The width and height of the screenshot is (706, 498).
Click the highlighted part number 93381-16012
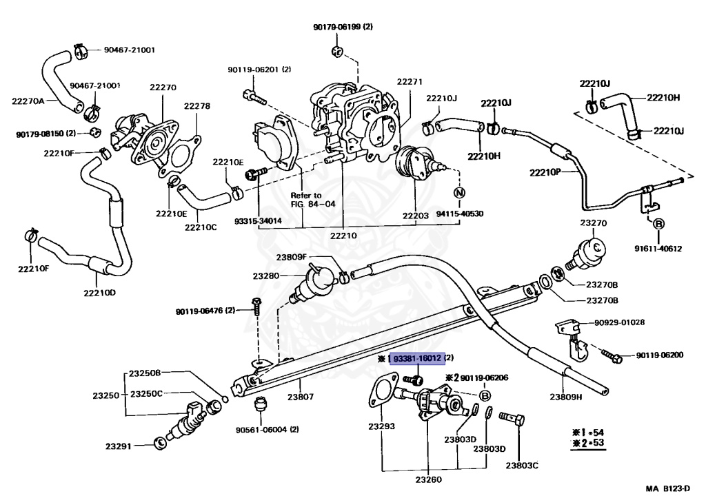[x=417, y=358]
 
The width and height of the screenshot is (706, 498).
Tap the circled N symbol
[x=459, y=193]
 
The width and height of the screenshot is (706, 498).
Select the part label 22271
[x=410, y=81]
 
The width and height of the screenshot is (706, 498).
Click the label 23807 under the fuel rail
[x=301, y=396]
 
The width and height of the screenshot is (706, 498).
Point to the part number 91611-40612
[x=658, y=249]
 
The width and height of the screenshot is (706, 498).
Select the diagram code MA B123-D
[x=667, y=488]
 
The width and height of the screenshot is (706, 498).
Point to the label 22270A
[x=28, y=101]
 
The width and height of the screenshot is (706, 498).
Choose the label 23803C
[x=522, y=465]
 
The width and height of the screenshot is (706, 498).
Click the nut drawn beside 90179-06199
[x=338, y=51]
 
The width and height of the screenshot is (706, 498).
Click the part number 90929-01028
[x=619, y=322]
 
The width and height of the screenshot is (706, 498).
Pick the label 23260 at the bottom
[x=428, y=479]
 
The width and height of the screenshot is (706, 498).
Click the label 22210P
[x=545, y=172]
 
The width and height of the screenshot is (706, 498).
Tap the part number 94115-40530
[x=460, y=214]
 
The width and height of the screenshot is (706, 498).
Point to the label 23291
[x=119, y=446]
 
